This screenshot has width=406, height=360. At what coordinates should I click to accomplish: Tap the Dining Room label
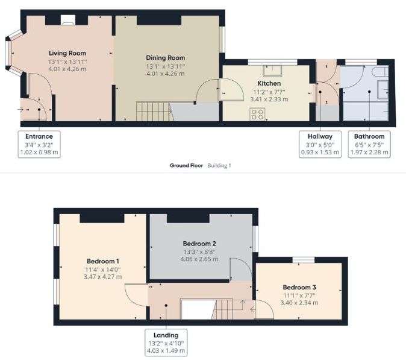coord(165,58)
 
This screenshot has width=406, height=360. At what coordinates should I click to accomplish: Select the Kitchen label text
coord(269,83)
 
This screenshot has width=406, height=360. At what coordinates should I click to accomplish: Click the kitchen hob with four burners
coord(258,113)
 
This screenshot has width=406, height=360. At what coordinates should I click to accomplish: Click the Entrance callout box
coord(39,144)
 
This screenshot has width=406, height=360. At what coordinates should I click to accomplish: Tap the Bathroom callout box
coord(369,144)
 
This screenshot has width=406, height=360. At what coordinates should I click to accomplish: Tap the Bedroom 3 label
coord(299,288)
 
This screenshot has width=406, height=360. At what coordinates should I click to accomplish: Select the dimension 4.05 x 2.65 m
coord(200,259)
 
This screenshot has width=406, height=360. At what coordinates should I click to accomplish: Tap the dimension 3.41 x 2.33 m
coord(269,99)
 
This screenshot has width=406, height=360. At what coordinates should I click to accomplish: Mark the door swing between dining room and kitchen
coord(210,92)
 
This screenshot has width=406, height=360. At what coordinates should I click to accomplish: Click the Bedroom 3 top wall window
coord(304,260)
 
